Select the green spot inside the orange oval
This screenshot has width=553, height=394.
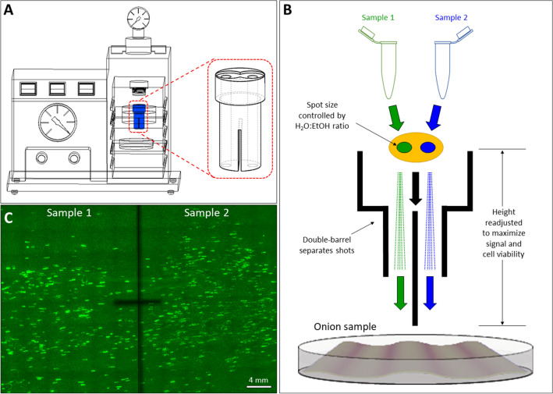coord(404,147)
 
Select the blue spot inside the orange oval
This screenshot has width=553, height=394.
coord(427,147)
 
